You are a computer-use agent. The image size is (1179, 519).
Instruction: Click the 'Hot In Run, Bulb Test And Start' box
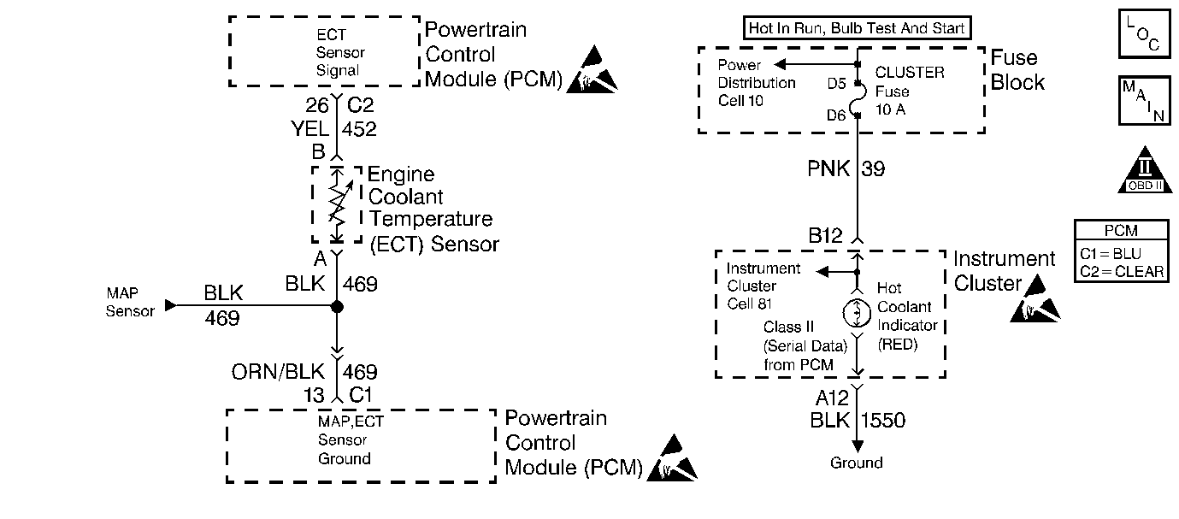tap(857, 28)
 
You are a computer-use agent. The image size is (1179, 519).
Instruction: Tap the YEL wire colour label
tap(309, 129)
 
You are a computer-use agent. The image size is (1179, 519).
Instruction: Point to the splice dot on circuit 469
tap(337, 306)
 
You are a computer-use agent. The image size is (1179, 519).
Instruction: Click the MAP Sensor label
tap(130, 302)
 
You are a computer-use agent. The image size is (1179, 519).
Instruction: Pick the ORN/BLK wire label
tap(279, 372)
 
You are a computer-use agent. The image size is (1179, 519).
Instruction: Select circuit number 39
tap(873, 169)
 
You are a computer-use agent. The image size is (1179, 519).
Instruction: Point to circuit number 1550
tap(882, 420)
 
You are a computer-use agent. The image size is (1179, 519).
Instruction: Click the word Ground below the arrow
tap(856, 463)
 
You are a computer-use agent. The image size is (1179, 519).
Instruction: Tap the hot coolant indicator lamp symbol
tap(858, 313)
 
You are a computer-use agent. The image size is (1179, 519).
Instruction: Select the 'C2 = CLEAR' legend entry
tap(1122, 271)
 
